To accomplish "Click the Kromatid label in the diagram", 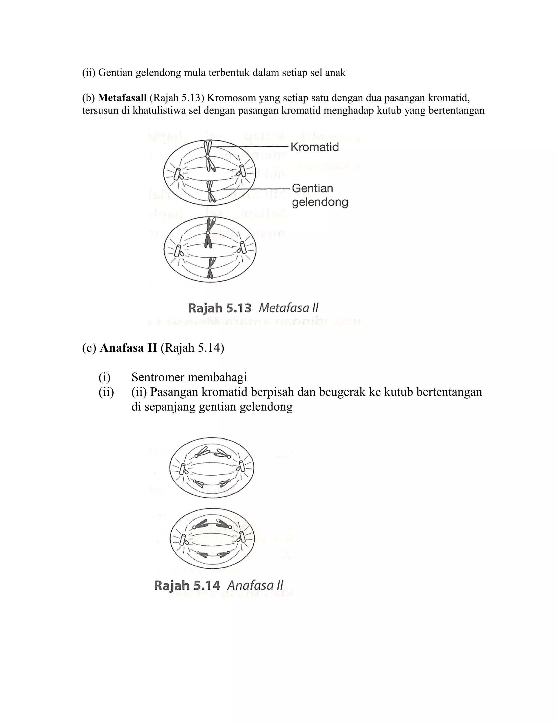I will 314,147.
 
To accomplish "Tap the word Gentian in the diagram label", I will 313,188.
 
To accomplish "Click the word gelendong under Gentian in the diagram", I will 320,202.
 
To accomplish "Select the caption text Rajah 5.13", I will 220,308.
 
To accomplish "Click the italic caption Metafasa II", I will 288,308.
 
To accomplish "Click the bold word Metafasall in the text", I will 122,98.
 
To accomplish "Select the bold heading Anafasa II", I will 128,348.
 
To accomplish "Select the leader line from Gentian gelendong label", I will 258,189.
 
